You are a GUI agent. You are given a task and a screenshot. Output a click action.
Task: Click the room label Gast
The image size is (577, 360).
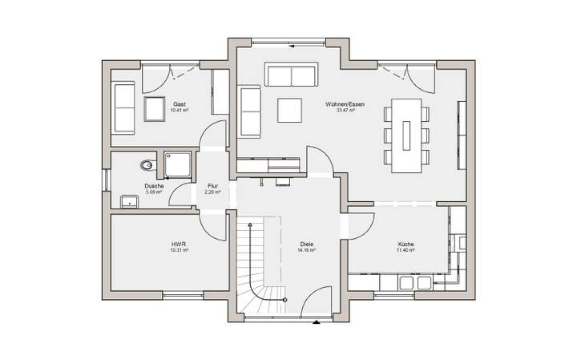click(179, 104)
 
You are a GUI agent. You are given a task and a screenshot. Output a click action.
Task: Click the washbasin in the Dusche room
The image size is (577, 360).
click(129, 200)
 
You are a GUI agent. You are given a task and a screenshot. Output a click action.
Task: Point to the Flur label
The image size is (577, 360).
click(212, 185)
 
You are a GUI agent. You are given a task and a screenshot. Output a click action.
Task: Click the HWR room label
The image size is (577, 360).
click(179, 244)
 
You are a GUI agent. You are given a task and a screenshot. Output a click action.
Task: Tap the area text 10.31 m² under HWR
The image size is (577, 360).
click(179, 250)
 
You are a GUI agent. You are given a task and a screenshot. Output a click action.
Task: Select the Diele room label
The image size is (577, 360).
click(306, 244)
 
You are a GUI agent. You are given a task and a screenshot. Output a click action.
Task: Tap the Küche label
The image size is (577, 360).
click(406, 244)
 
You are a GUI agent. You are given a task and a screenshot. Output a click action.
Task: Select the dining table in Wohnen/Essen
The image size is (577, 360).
click(406, 135)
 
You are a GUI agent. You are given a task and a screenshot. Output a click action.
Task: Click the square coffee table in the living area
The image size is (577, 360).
click(289, 110)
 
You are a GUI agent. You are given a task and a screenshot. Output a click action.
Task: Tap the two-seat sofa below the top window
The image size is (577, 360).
click(290, 76)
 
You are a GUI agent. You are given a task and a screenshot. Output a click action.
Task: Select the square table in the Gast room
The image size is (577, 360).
click(154, 109)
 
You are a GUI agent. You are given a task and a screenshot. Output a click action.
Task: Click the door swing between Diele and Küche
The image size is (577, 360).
click(360, 225)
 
